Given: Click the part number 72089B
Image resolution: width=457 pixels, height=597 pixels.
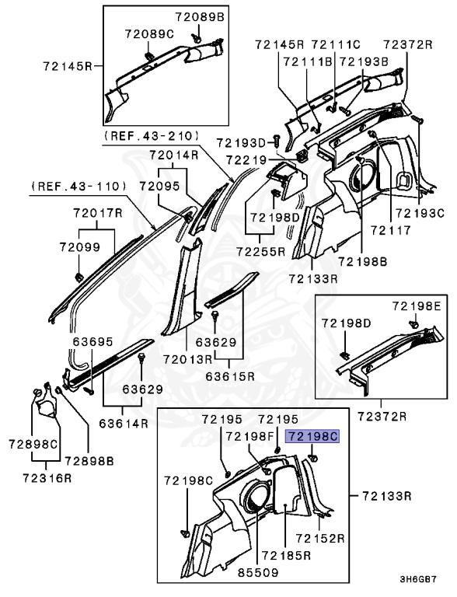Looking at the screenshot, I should tap(199, 16).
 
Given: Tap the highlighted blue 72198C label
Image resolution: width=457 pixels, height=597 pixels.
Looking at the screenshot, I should tap(313, 438).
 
